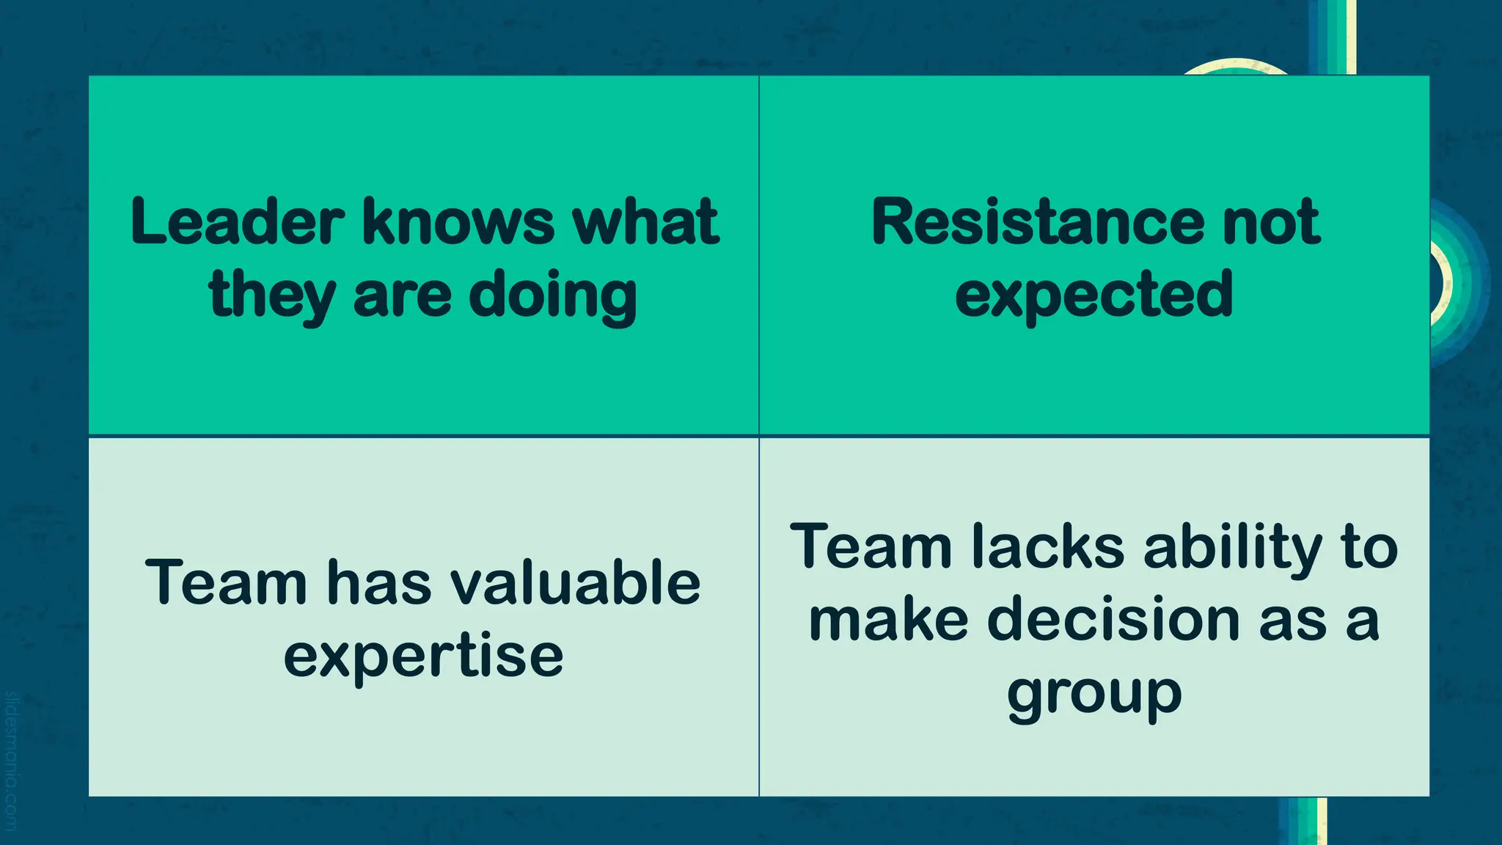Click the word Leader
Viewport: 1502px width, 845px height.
coord(237,222)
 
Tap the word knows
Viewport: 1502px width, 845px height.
coord(458,222)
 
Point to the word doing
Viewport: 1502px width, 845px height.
coord(552,296)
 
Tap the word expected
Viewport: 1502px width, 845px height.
coord(1093,296)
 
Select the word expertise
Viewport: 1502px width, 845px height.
coord(423,656)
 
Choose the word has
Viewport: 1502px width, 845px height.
coord(378,582)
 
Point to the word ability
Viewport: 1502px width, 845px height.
coord(1232,547)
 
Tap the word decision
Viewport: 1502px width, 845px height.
coord(1113,620)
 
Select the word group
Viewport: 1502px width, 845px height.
coord(1093,694)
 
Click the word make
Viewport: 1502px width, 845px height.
coord(889,620)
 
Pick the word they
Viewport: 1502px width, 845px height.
coord(271,296)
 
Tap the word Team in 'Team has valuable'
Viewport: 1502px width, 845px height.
coord(226,582)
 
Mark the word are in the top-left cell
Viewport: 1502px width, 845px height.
coord(402,296)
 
